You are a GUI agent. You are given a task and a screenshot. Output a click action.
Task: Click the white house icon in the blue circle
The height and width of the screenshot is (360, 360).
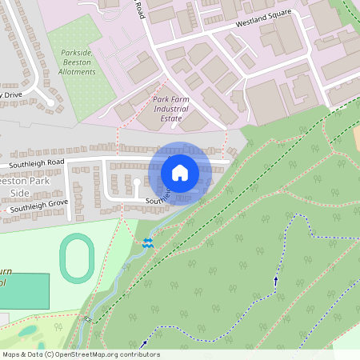tap(180, 173)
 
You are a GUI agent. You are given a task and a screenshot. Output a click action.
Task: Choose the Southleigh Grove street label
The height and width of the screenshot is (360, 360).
tap(35, 207)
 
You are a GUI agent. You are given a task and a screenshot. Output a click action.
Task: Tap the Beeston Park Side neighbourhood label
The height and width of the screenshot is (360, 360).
tap(16, 187)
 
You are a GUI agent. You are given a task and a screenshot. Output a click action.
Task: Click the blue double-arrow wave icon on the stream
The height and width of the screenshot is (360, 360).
tap(147, 242)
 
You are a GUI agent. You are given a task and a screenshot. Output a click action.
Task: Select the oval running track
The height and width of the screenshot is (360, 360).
tap(77, 258)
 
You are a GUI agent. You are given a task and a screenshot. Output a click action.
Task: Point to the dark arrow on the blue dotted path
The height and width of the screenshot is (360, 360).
tap(277, 280)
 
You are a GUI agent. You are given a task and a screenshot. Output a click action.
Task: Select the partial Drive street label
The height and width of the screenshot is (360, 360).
tap(11, 94)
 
